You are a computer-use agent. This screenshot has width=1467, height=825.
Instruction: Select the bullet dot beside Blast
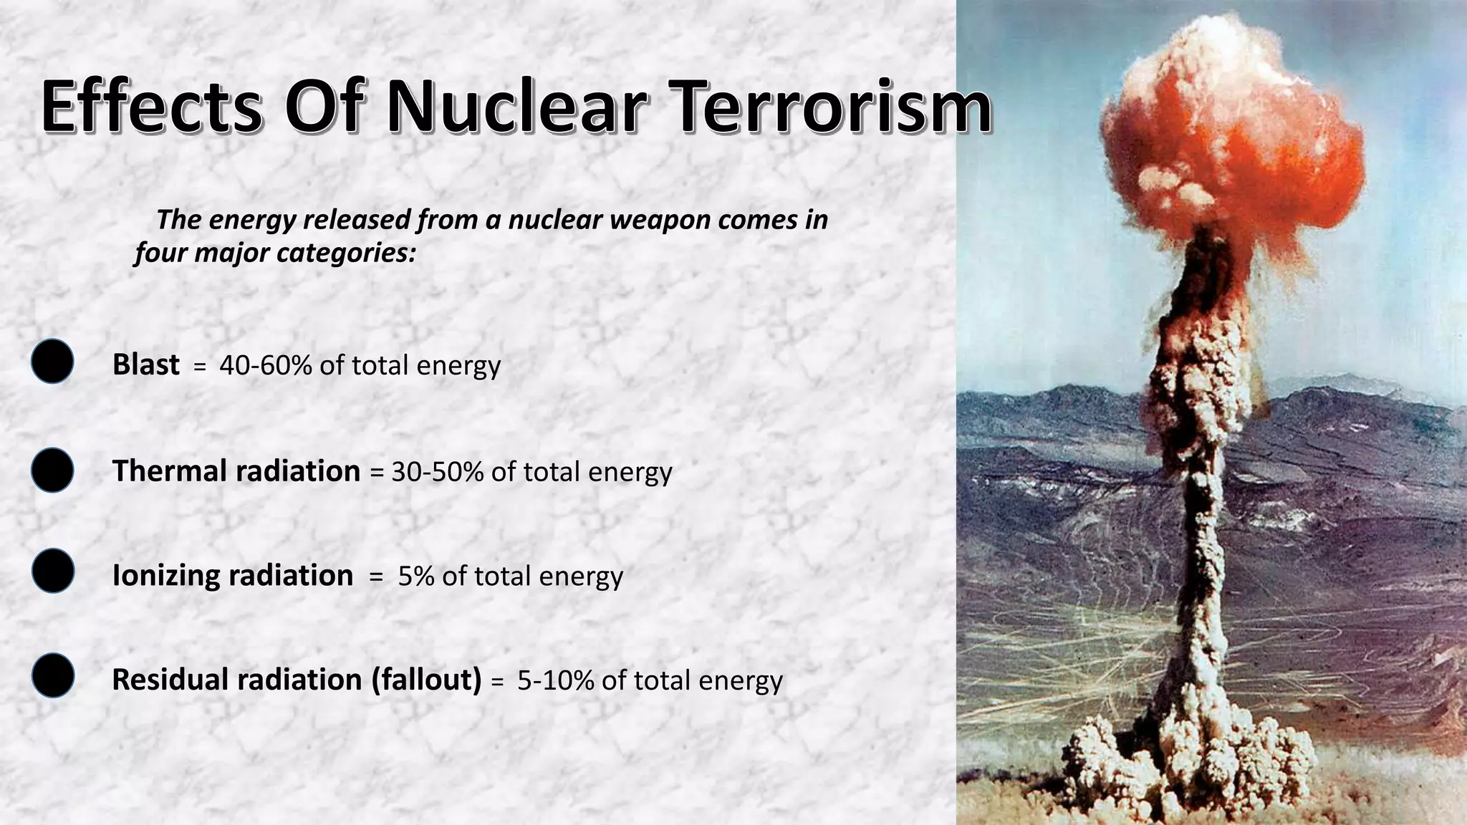tap(52, 362)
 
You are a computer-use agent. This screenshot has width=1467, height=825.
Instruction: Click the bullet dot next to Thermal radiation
tap(52, 471)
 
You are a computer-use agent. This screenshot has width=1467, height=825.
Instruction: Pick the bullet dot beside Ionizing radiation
tap(53, 571)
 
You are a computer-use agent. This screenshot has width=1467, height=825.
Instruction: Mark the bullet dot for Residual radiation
tap(53, 675)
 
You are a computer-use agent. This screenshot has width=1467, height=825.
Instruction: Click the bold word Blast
tap(145, 365)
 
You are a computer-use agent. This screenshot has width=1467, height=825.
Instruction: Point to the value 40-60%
tap(265, 365)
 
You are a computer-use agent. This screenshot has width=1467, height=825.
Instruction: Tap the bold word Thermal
tap(169, 471)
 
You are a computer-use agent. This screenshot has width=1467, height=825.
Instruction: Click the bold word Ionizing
tap(164, 576)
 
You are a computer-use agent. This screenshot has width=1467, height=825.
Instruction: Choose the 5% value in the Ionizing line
tap(416, 576)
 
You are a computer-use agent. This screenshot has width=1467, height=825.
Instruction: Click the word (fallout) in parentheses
tap(426, 680)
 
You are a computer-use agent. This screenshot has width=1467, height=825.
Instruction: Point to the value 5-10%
tap(555, 680)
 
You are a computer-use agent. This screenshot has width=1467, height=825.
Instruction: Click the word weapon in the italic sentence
tap(650, 220)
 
